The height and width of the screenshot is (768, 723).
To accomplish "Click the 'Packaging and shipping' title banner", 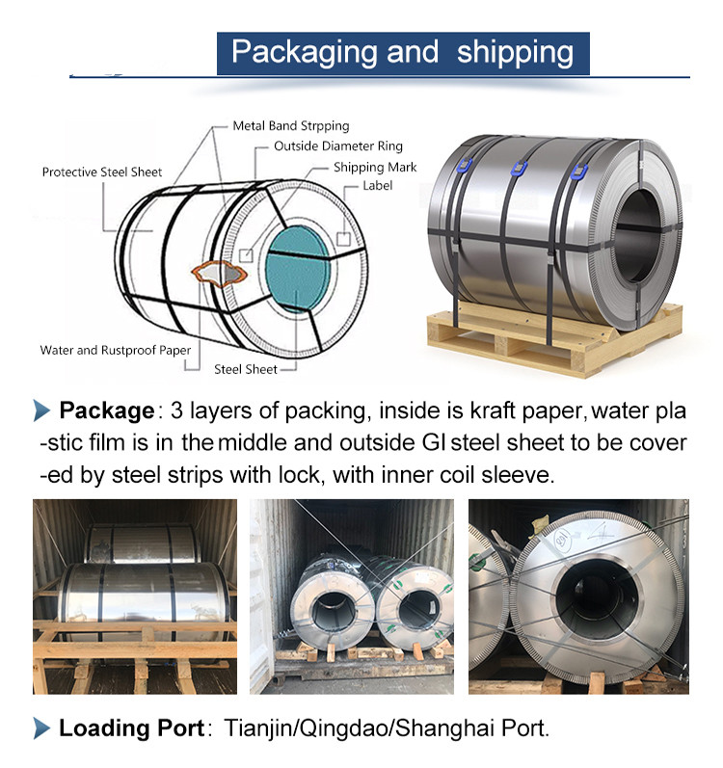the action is [403, 53].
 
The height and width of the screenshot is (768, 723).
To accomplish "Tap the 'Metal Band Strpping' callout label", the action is [291, 126].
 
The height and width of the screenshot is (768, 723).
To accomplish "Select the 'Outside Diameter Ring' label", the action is [338, 146].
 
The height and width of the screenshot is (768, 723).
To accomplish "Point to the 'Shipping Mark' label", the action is [375, 168].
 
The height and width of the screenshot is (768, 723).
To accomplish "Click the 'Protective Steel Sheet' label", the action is [102, 172].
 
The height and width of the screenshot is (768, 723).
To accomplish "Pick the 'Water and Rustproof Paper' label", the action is [115, 350].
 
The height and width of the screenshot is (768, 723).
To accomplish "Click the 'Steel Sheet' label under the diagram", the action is [246, 369].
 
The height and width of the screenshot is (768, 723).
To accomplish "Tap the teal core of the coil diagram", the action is [297, 269].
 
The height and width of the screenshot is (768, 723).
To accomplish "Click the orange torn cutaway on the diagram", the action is [219, 274].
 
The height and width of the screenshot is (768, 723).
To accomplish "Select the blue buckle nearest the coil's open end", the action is [578, 172].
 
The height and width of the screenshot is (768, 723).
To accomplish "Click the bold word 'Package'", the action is [106, 410].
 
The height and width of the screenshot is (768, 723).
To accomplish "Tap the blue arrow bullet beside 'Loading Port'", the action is [41, 728].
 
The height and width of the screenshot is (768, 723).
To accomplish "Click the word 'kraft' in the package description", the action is [494, 410].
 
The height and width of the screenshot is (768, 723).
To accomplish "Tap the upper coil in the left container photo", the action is [142, 543].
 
